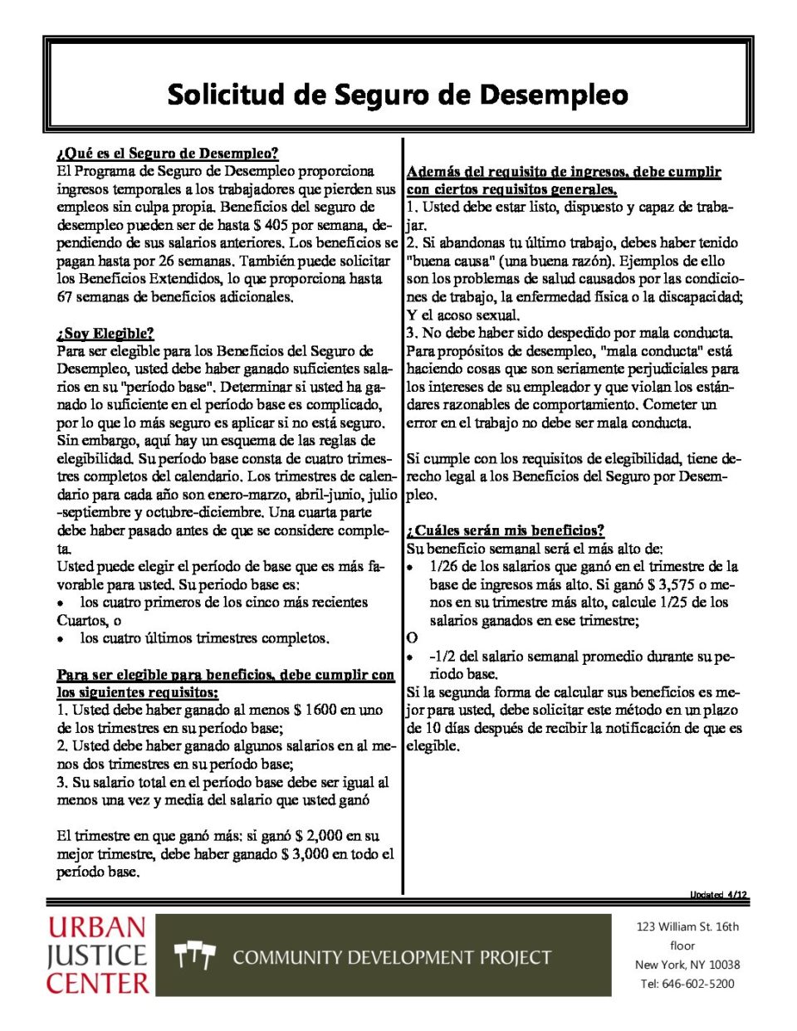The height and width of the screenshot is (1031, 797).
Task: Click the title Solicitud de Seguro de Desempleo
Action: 398,95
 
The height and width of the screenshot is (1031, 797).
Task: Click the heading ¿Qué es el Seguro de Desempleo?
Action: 168,154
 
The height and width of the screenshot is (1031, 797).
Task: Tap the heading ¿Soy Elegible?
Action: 105,334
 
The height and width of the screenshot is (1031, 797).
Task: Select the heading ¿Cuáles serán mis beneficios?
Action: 505,530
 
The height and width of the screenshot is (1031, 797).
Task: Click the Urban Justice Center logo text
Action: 97,955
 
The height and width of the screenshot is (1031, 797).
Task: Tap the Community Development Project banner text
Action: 392,958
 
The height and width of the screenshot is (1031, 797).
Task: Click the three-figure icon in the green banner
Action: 195,956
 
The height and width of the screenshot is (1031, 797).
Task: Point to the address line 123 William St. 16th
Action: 687,927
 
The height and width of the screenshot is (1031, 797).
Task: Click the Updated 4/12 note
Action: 718,895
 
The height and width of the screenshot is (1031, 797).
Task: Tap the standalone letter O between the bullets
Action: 413,638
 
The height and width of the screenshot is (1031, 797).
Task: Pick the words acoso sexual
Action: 478,315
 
